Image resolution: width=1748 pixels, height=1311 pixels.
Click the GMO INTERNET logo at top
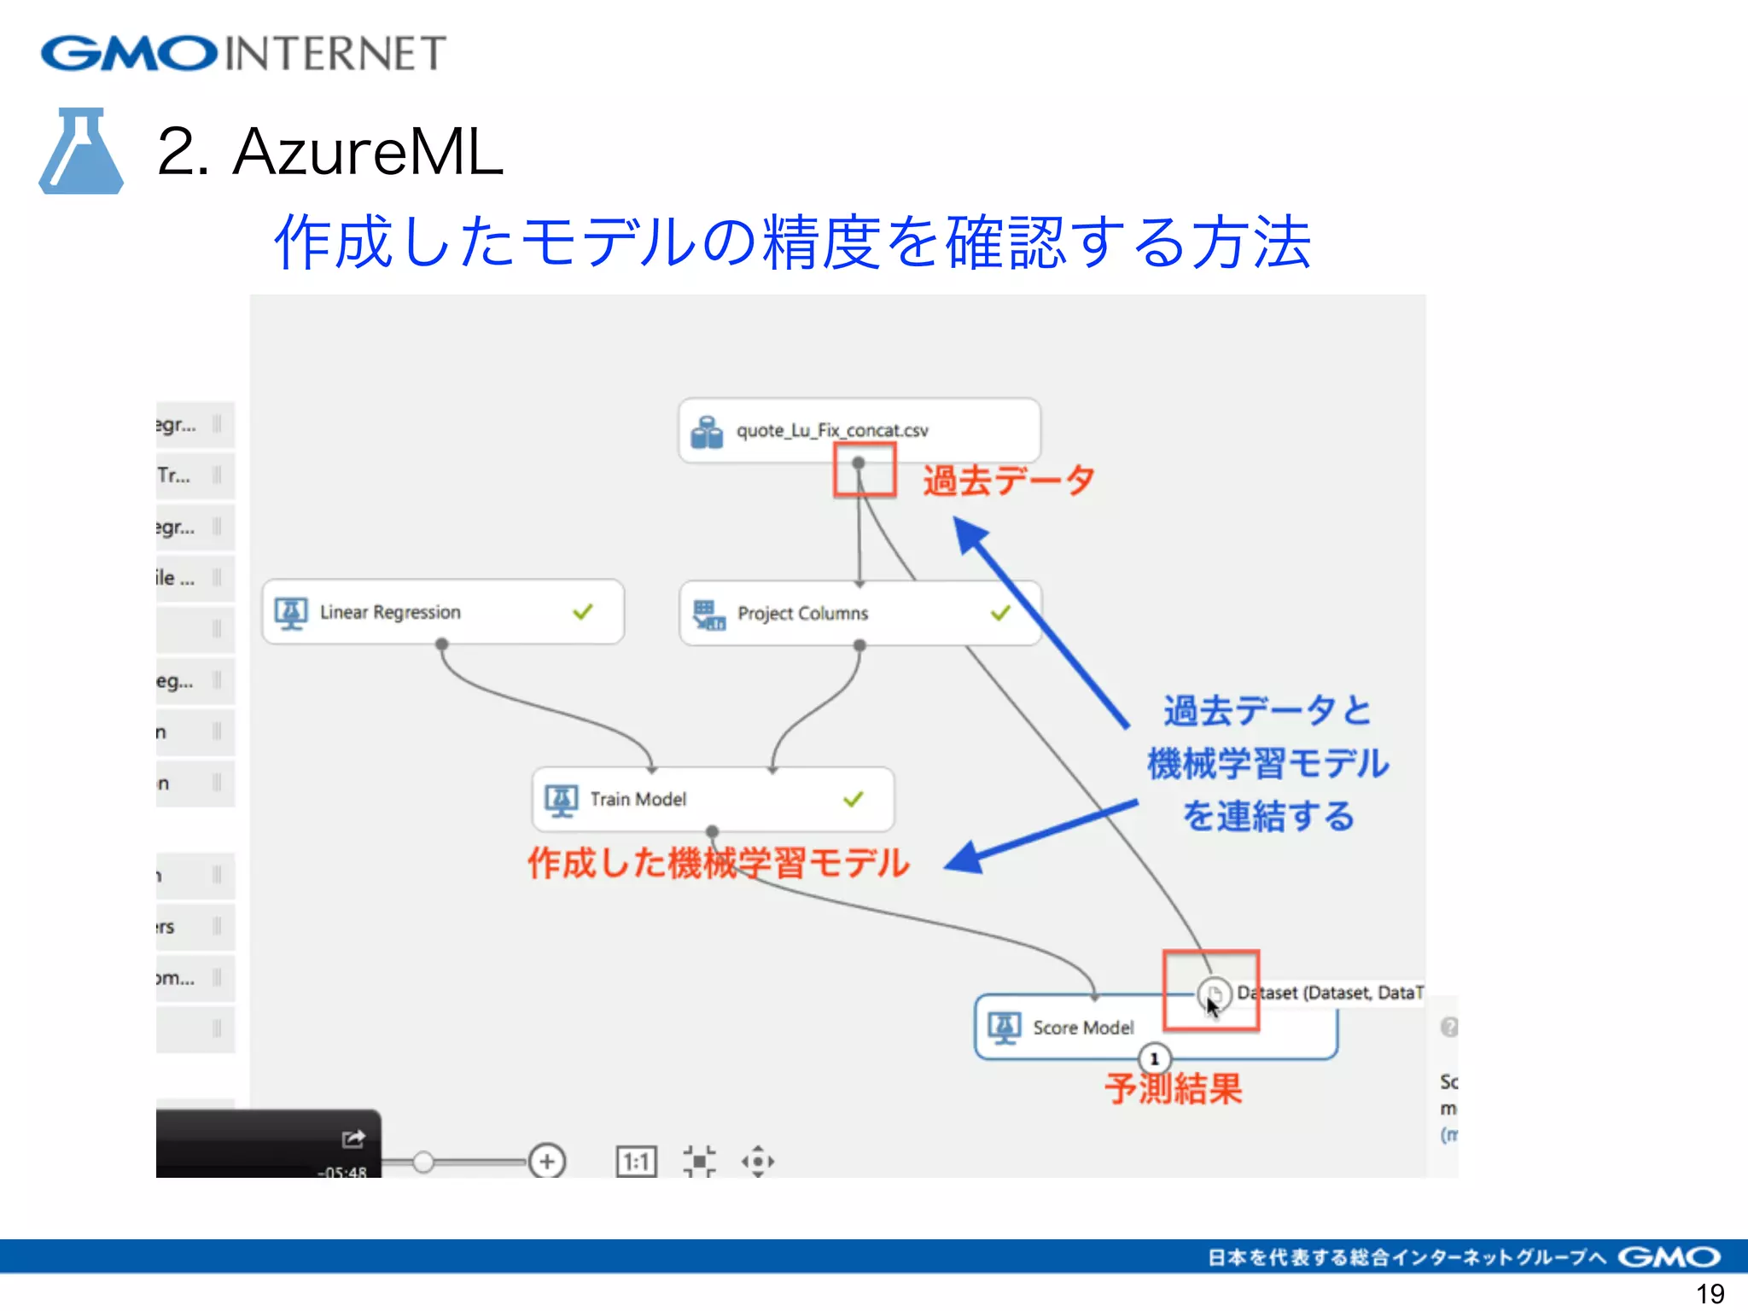pyautogui.click(x=243, y=53)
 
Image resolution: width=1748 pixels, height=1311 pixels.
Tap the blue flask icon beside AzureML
pyautogui.click(x=81, y=151)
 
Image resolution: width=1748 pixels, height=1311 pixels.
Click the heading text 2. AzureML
pyautogui.click(x=330, y=152)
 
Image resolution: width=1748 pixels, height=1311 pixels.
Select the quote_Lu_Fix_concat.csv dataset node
pyautogui.click(x=859, y=430)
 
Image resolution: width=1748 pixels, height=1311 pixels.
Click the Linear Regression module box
pyautogui.click(x=442, y=612)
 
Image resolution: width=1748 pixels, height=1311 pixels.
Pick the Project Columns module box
pyautogui.click(x=859, y=613)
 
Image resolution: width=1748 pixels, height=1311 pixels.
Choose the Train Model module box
pyautogui.click(x=712, y=799)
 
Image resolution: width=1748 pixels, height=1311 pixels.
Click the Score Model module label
pyautogui.click(x=1082, y=1028)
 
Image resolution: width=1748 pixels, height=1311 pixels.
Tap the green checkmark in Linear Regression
pyautogui.click(x=583, y=611)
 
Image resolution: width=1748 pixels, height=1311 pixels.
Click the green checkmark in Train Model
pyautogui.click(x=854, y=799)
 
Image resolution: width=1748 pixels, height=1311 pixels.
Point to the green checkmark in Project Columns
pyautogui.click(x=1000, y=612)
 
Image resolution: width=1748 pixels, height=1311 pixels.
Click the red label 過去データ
pyautogui.click(x=1008, y=480)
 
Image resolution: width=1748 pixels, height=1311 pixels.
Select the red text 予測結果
pyautogui.click(x=1174, y=1089)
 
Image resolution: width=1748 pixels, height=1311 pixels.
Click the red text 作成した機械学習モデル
pyautogui.click(x=718, y=863)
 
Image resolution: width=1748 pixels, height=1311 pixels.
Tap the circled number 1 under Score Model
pyautogui.click(x=1154, y=1059)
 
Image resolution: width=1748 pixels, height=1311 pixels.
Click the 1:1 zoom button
pyautogui.click(x=636, y=1162)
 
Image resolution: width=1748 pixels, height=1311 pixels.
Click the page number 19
pyautogui.click(x=1710, y=1294)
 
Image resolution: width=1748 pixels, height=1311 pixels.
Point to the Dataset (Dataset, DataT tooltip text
pyautogui.click(x=1330, y=993)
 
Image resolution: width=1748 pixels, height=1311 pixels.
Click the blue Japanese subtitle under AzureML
pyautogui.click(x=791, y=242)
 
